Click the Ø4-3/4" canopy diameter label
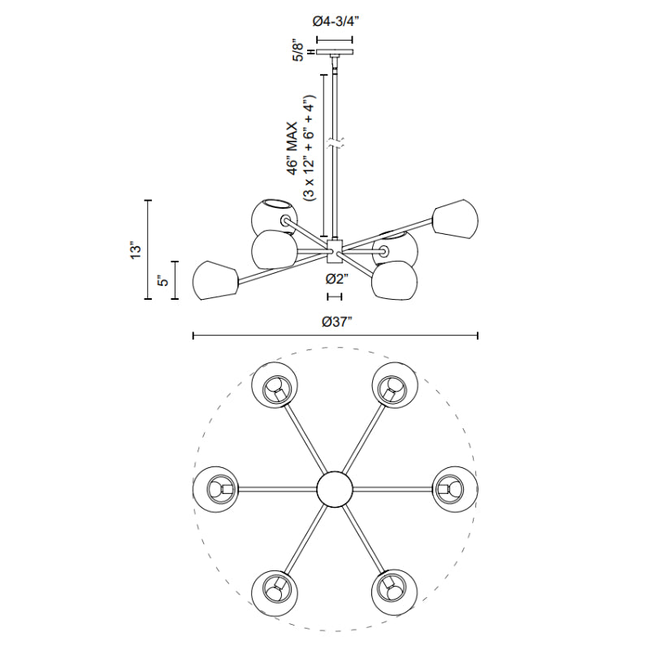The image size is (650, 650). (x=334, y=22)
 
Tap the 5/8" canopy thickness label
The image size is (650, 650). (x=298, y=50)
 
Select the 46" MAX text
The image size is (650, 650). (x=292, y=149)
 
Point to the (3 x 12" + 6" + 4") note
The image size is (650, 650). (x=310, y=148)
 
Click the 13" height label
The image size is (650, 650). (x=136, y=250)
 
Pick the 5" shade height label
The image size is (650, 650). (x=163, y=280)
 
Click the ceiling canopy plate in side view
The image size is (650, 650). (x=335, y=52)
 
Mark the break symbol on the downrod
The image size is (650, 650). (x=334, y=145)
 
